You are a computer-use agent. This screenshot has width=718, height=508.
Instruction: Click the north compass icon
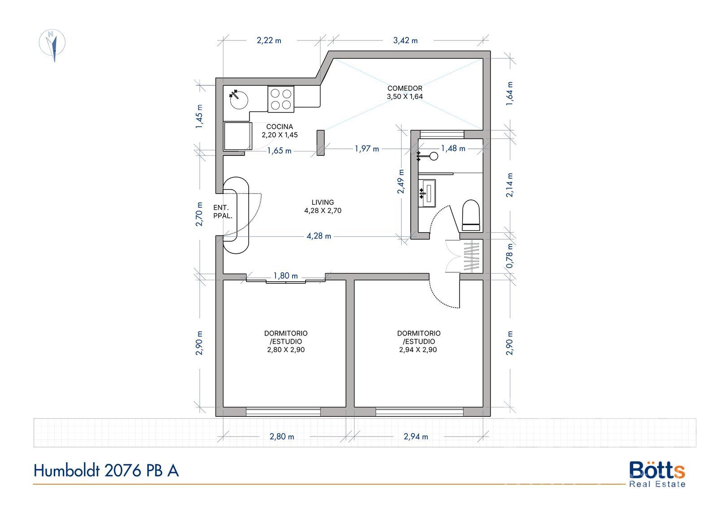coord(52,43)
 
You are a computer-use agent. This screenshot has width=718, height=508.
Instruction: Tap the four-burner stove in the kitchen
coord(281,99)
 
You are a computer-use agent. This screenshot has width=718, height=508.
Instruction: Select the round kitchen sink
coord(239,100)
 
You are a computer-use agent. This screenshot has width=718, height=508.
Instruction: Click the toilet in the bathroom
coord(471,215)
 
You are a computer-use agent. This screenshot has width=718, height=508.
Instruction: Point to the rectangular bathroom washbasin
coord(427,193)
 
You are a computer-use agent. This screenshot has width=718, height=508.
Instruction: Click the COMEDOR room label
coord(405,88)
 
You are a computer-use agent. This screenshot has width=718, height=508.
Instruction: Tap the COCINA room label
coord(280,127)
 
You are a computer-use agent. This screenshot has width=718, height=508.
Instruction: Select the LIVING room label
coord(323,203)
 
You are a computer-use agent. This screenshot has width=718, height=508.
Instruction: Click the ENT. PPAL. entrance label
coord(223,212)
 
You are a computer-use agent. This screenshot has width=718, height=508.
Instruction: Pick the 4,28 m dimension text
coord(319,236)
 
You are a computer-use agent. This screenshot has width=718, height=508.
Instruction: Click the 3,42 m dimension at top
coord(406,40)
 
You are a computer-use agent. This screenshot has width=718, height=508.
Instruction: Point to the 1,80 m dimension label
coord(285,276)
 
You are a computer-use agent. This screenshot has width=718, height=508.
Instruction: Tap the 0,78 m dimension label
coord(510,256)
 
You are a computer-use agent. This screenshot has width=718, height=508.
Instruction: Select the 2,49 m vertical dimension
coord(401,181)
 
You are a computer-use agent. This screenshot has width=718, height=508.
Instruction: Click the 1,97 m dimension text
coord(367,149)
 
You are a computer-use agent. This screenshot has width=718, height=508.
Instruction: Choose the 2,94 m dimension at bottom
coord(416,437)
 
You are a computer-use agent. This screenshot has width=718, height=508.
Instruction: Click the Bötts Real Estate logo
coord(657,474)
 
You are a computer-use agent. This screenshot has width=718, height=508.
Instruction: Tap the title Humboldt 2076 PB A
coord(106,471)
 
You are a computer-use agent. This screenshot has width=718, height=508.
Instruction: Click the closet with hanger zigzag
coord(471,256)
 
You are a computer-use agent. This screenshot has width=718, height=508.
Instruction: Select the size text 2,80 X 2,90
coord(286,350)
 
